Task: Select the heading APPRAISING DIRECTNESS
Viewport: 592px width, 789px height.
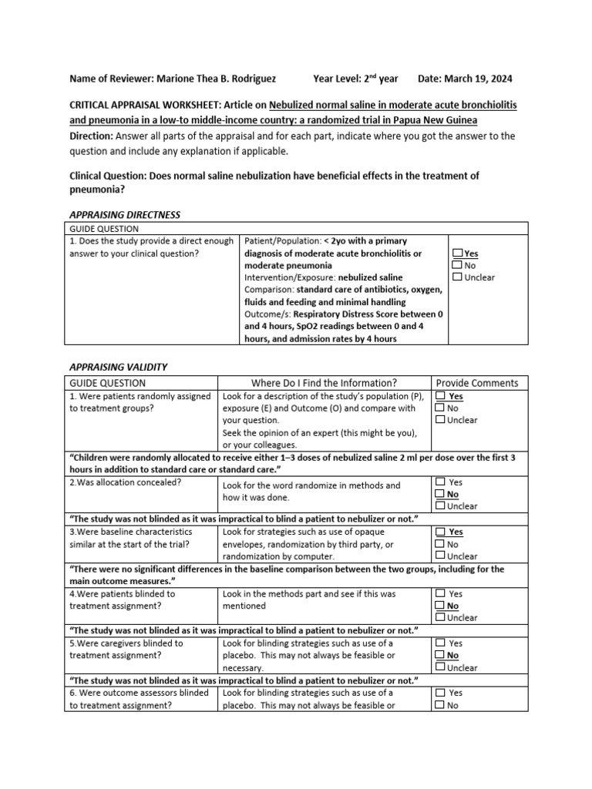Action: [x=125, y=214]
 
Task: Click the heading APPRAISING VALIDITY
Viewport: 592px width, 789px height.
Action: [x=118, y=367]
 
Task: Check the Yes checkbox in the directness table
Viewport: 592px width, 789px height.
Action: [x=458, y=253]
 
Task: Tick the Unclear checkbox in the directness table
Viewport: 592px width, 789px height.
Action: [x=458, y=277]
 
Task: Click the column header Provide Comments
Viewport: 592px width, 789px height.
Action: [x=477, y=383]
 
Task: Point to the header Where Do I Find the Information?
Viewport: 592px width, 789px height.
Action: [x=324, y=383]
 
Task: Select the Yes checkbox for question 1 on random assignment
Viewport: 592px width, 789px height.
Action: [x=439, y=396]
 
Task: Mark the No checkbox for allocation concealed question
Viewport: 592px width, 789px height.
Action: [x=439, y=494]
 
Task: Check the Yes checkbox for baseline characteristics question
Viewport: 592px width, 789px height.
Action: [x=439, y=532]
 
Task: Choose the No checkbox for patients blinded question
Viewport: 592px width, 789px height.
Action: [x=439, y=606]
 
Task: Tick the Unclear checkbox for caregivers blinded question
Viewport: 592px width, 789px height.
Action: [x=439, y=667]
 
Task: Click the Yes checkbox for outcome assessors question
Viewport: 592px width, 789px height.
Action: [x=439, y=693]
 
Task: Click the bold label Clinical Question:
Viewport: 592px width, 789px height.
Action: [x=108, y=176]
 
